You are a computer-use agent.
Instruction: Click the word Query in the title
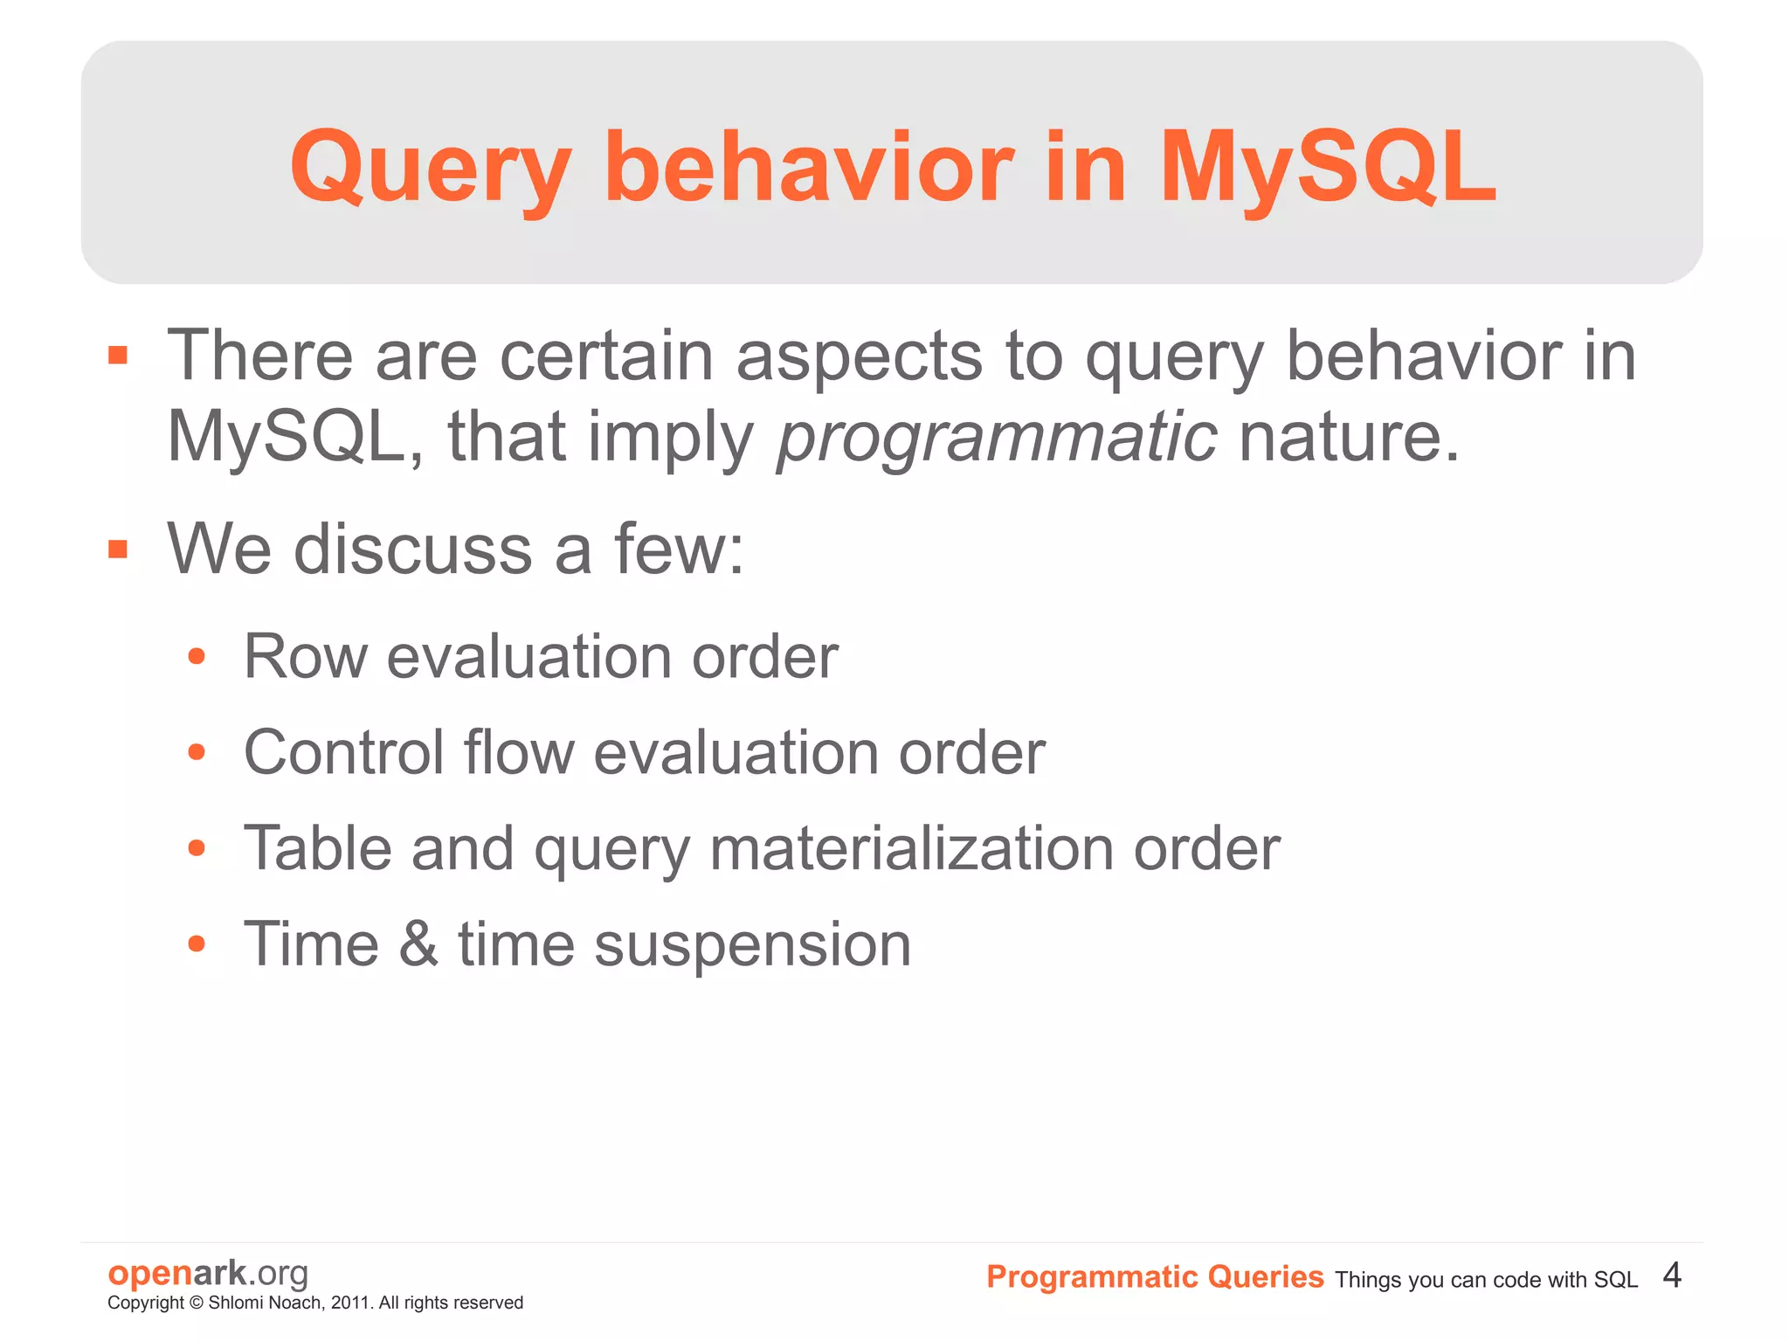click(x=431, y=168)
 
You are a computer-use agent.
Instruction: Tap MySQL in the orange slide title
click(x=1327, y=168)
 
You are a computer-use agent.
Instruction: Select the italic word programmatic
click(x=997, y=437)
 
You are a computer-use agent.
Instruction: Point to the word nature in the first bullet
click(x=1349, y=437)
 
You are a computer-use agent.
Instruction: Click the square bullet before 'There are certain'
click(x=118, y=356)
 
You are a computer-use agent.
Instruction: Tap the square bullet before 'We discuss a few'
click(x=118, y=549)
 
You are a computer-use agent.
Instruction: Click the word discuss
click(x=413, y=549)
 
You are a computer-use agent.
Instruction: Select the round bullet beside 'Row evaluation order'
click(x=197, y=656)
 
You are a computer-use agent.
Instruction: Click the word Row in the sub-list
click(x=305, y=656)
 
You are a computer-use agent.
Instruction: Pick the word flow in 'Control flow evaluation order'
click(x=519, y=752)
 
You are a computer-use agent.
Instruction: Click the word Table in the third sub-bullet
click(x=317, y=848)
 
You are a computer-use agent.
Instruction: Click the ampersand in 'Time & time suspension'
click(x=418, y=944)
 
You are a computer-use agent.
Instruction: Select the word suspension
click(x=752, y=944)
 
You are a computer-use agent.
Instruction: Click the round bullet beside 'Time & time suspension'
click(x=197, y=944)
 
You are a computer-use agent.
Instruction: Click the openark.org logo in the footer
click(x=208, y=1273)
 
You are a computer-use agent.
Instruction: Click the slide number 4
click(x=1672, y=1275)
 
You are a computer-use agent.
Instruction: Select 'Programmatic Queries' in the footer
click(x=1155, y=1276)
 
